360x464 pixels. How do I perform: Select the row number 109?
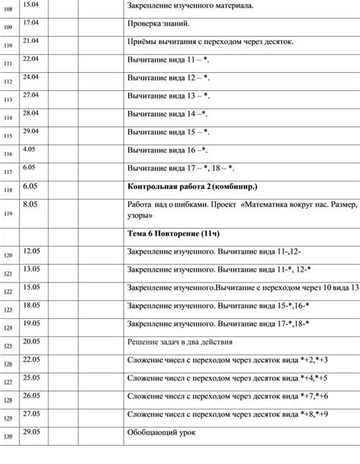(x=8, y=28)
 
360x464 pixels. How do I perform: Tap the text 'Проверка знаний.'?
(x=158, y=24)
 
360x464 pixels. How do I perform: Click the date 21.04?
(x=31, y=39)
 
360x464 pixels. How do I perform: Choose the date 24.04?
(x=31, y=76)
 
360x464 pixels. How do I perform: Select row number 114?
(x=8, y=118)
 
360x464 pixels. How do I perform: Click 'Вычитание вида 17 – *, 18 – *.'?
(x=182, y=168)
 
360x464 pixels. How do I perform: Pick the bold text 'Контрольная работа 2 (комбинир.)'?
(x=192, y=186)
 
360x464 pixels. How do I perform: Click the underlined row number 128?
(x=8, y=400)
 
